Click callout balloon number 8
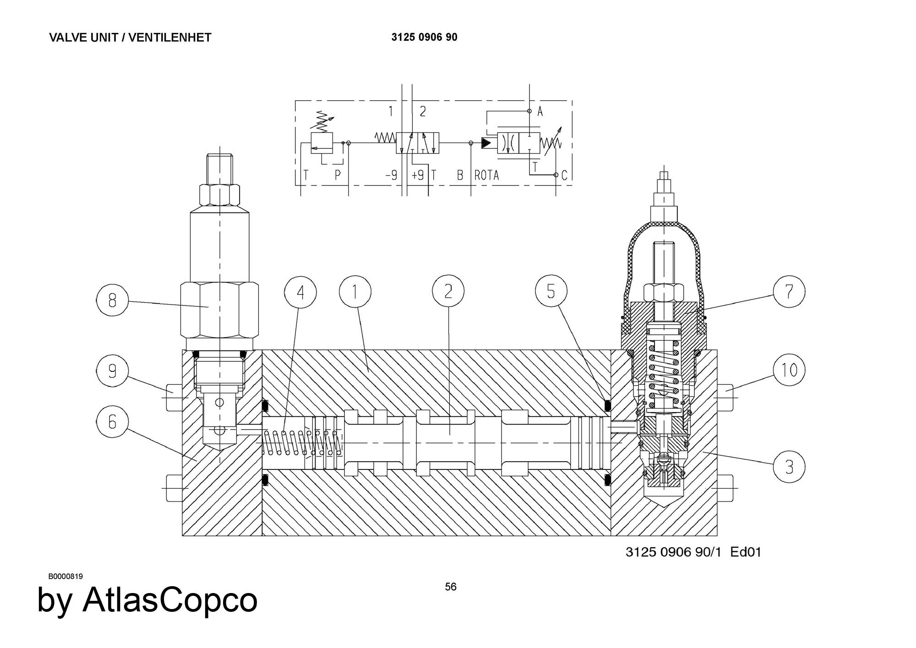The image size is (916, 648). [112, 300]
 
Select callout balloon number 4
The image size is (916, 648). [300, 292]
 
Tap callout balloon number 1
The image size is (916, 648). [355, 292]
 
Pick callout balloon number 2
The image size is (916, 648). [448, 292]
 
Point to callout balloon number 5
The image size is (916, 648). [551, 291]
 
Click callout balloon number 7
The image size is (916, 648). [789, 291]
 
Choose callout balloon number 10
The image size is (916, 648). [789, 370]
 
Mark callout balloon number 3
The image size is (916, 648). [789, 467]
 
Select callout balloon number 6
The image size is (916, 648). [112, 422]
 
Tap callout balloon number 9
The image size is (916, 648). [112, 370]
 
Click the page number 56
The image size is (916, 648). [451, 587]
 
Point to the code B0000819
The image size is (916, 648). [65, 576]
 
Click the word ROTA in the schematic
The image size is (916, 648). [486, 175]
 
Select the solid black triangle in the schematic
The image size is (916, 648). [486, 143]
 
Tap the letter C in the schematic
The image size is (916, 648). [564, 175]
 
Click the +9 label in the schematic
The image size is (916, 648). [417, 175]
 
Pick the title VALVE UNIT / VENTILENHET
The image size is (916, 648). [130, 38]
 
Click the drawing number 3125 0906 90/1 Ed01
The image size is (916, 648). [693, 552]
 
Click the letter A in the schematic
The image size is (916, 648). [540, 111]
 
